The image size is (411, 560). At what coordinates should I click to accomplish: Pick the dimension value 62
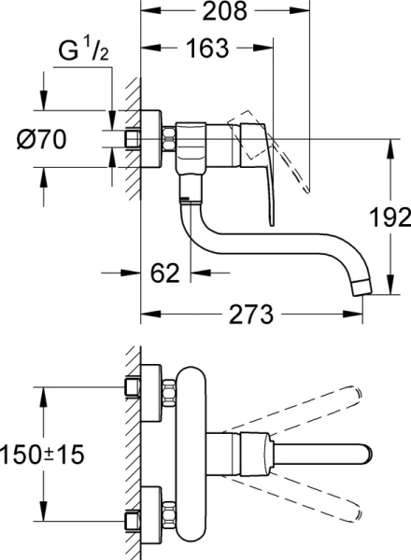pyautogui.click(x=164, y=273)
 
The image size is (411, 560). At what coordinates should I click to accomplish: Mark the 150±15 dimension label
pyautogui.click(x=42, y=455)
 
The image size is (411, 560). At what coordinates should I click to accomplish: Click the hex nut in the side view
pyautogui.click(x=169, y=139)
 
